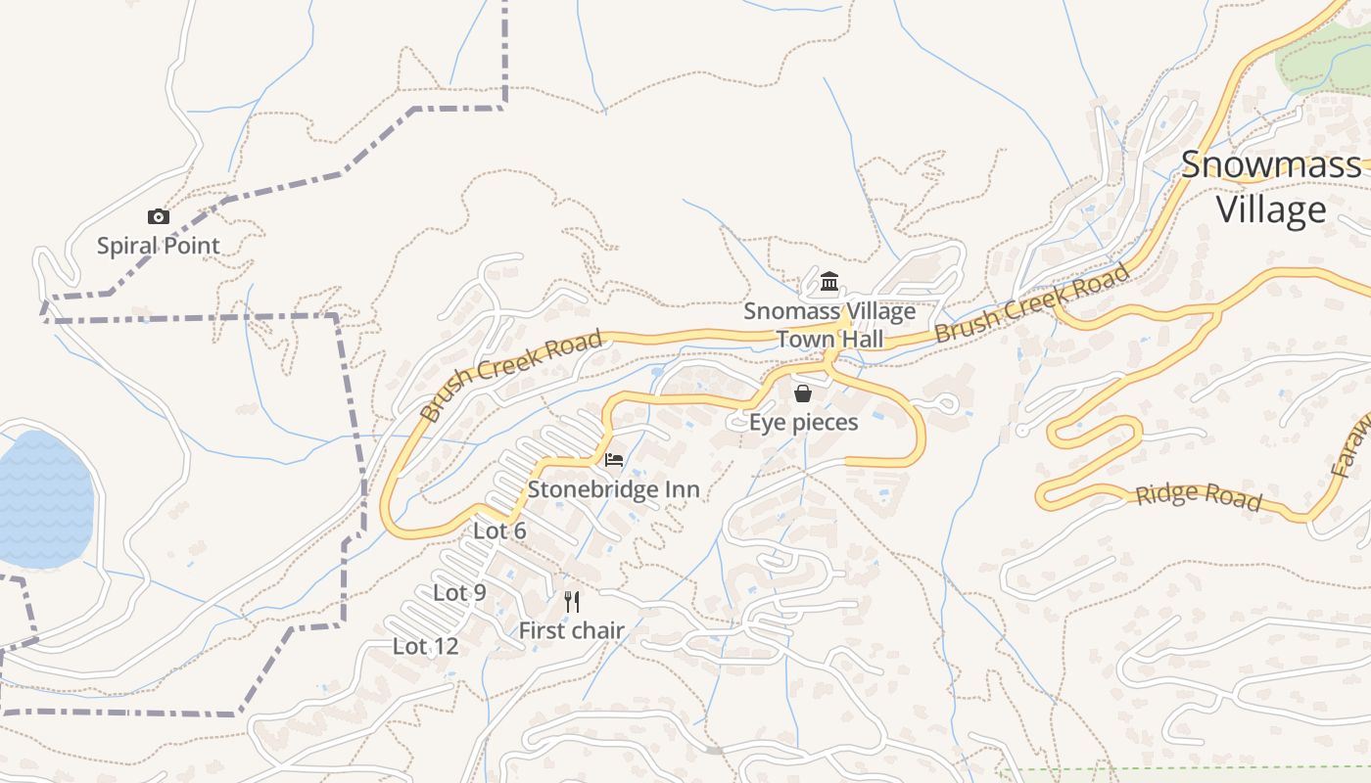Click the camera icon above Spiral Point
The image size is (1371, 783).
[159, 217]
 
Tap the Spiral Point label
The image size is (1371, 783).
[159, 245]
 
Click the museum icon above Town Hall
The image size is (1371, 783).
[829, 283]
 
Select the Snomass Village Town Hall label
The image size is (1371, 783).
[829, 325]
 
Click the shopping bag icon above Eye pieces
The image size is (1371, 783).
[803, 393]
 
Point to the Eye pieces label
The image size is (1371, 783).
[803, 423]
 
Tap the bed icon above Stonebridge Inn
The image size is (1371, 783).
[614, 460]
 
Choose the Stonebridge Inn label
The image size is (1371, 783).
[614, 488]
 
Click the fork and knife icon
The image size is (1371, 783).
[572, 601]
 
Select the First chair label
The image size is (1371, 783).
[572, 631]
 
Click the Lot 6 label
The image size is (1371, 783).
[499, 530]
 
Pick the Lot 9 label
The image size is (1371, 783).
[459, 592]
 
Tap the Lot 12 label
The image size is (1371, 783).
[425, 646]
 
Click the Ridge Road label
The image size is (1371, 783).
[1198, 496]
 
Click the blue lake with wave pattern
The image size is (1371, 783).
[44, 499]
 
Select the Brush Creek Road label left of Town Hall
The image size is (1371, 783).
[510, 376]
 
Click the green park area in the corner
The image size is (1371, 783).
[1327, 59]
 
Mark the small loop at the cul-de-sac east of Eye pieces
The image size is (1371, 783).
[945, 403]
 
